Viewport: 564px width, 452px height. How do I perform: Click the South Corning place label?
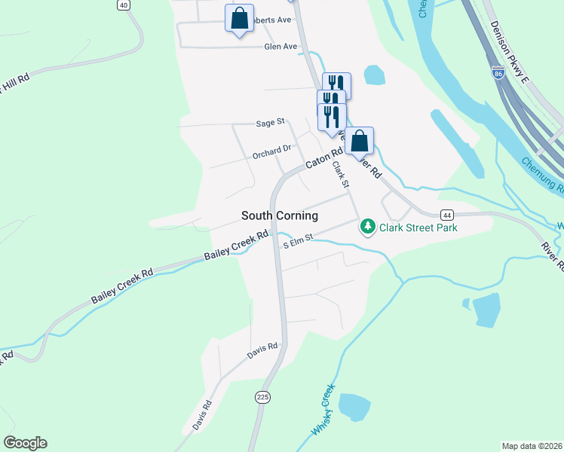[279, 215]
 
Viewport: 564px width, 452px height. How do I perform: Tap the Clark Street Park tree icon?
[367, 226]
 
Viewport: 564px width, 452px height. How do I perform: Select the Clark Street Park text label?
[418, 226]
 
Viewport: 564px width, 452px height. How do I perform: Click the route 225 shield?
[262, 398]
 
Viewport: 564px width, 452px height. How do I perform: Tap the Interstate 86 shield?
[498, 73]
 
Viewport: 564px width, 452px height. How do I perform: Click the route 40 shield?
[124, 5]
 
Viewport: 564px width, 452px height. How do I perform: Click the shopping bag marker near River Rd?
[360, 141]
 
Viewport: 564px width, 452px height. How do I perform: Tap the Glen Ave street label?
[280, 47]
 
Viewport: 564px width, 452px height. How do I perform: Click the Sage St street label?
[270, 122]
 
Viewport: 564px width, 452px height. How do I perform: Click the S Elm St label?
[297, 243]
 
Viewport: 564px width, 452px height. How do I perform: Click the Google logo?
[25, 443]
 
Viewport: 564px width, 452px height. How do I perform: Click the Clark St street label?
[342, 178]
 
